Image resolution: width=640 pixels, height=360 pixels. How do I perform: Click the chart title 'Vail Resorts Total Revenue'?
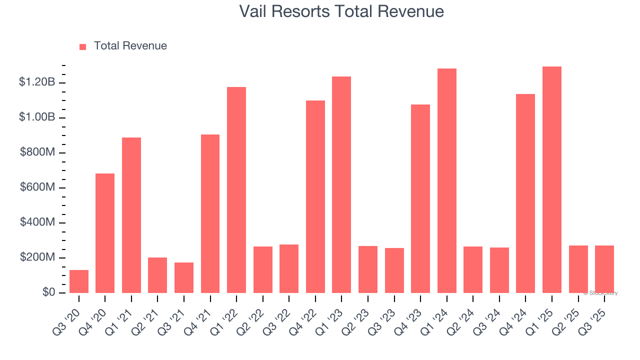[341, 11]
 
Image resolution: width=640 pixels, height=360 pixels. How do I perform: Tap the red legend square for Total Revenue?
[83, 46]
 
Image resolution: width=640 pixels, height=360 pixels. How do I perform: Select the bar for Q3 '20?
[79, 281]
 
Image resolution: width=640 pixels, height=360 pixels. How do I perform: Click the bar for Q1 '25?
[552, 180]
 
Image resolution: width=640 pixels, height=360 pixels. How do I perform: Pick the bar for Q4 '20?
[105, 233]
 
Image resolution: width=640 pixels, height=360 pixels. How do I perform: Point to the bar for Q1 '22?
[236, 190]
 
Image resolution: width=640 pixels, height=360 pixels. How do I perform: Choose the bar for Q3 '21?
[184, 277]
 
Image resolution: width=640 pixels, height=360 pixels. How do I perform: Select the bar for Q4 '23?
[420, 198]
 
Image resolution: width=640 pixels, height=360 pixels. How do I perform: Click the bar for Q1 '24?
[447, 180]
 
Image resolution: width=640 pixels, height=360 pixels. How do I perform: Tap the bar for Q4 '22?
[315, 196]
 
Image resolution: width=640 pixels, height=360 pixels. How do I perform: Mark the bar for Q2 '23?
[368, 269]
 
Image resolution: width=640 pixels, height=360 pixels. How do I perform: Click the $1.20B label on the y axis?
[37, 82]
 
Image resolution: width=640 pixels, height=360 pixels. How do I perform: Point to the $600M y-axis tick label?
[37, 187]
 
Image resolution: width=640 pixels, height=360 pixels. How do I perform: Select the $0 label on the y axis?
[48, 292]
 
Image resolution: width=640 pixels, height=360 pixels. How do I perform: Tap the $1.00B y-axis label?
[37, 117]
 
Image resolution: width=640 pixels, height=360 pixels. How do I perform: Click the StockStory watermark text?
[600, 293]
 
